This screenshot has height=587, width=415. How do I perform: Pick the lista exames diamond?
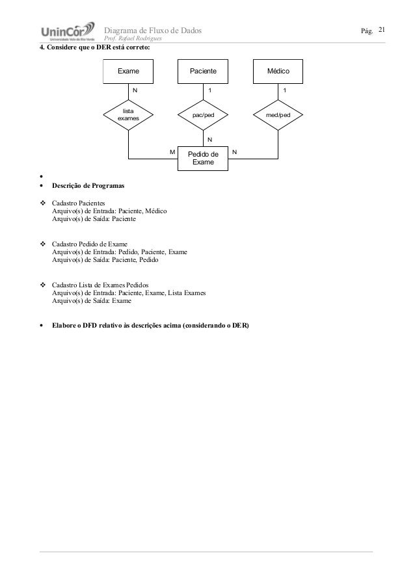point(129,115)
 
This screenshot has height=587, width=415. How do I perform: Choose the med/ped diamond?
point(278,115)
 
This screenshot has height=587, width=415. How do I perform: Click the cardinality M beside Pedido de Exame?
point(172,151)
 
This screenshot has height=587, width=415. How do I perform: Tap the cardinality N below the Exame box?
point(135,90)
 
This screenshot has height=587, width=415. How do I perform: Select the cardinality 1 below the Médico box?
point(284,90)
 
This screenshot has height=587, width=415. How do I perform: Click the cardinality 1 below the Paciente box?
point(209,90)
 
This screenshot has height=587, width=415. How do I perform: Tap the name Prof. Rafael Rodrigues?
point(133,40)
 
